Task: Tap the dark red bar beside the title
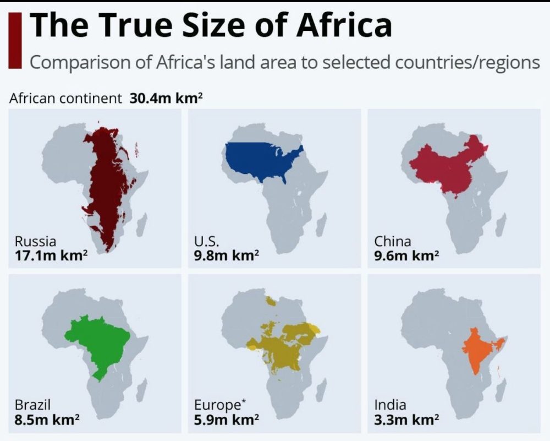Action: pyautogui.click(x=16, y=41)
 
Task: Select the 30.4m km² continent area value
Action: pyautogui.click(x=167, y=99)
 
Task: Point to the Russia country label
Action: pyautogui.click(x=35, y=241)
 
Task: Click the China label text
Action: pyautogui.click(x=393, y=241)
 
